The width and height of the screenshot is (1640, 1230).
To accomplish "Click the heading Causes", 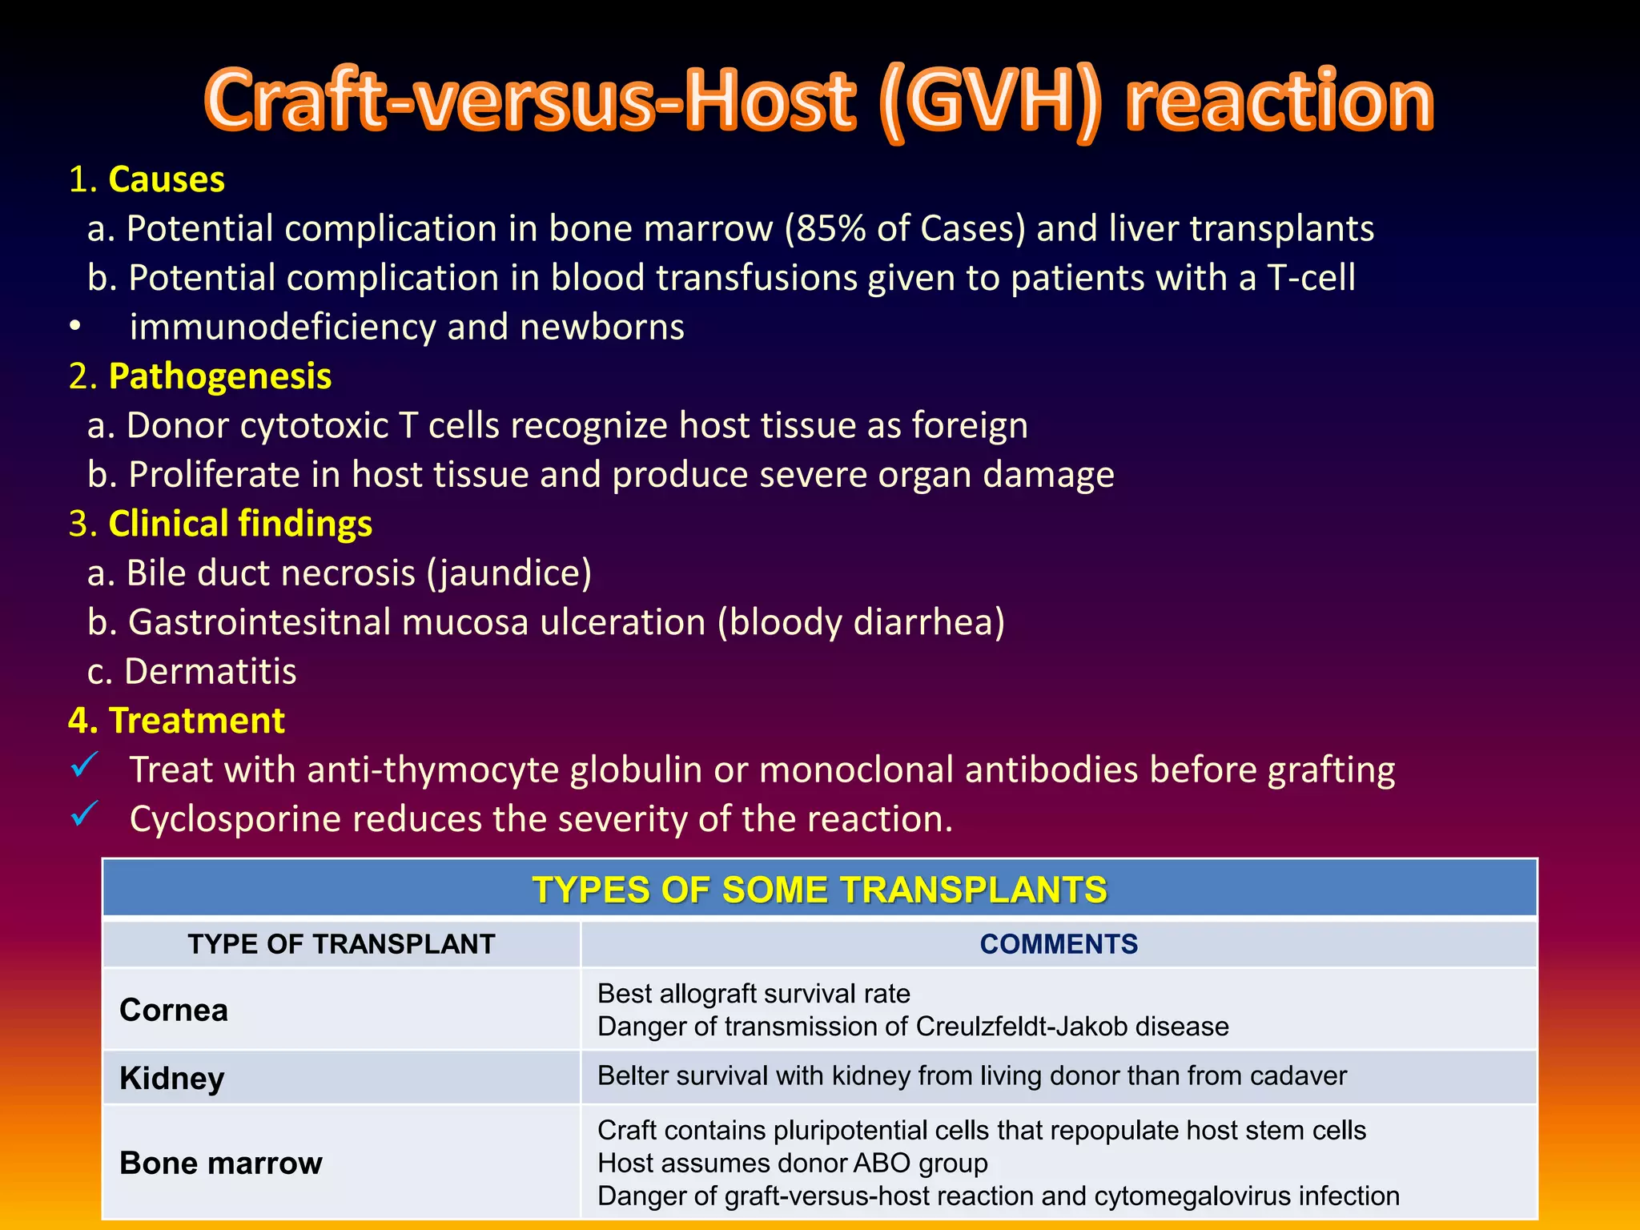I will pos(166,179).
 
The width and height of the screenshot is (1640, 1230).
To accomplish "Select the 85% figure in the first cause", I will pos(827,229).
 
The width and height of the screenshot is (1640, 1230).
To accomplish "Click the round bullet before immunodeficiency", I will pos(74,328).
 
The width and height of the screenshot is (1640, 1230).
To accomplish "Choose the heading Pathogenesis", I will pos(219,376).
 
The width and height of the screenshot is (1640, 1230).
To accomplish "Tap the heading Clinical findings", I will pos(240,524).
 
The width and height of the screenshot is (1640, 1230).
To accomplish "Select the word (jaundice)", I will pos(509,573).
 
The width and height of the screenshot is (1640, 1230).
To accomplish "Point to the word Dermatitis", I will pos(210,672).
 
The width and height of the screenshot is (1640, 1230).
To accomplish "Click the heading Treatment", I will pos(196,721).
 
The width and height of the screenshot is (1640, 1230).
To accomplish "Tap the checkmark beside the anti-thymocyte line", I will pos(84,766).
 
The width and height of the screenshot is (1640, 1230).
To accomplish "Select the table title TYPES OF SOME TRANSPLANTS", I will pos(819,890).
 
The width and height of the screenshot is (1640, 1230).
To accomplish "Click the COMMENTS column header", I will pos(1058,944).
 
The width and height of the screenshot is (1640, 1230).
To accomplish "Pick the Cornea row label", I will pos(174,1010).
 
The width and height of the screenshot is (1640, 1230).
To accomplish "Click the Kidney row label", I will pos(171,1078).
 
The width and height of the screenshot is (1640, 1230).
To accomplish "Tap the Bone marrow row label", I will pos(220,1163).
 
